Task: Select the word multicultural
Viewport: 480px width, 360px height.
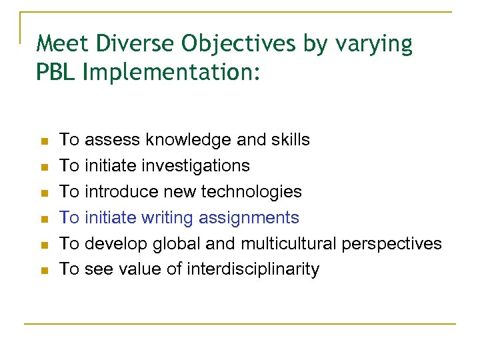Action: tap(291, 243)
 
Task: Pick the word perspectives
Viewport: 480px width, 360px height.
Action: tap(391, 244)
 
